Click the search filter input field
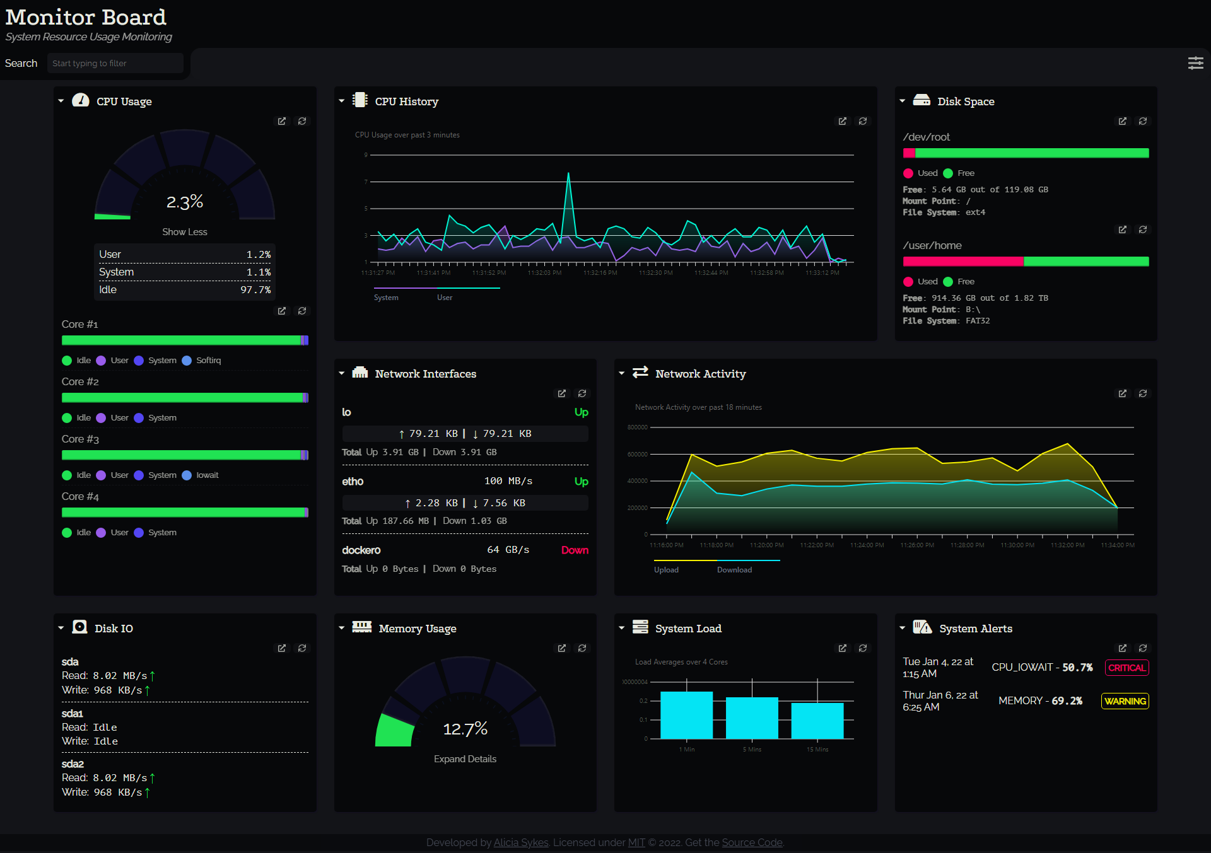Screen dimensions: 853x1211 (115, 63)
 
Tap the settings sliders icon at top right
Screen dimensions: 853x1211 (1195, 63)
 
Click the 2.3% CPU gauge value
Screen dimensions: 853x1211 (184, 202)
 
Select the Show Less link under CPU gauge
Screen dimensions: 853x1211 (184, 232)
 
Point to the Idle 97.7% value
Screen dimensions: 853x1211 (255, 290)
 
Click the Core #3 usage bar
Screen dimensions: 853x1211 (184, 455)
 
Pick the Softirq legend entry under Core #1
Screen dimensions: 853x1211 (208, 361)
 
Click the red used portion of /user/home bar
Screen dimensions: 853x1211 (962, 262)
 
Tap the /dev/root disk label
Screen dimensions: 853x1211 (926, 137)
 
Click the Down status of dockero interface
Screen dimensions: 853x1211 (575, 550)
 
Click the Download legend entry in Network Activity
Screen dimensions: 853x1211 (734, 570)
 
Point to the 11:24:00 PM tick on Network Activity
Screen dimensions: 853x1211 (867, 545)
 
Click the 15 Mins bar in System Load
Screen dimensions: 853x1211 (817, 721)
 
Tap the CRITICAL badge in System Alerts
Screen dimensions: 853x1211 (1126, 668)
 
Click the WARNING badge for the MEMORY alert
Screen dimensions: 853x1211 (1125, 701)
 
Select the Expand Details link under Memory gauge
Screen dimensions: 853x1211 (465, 759)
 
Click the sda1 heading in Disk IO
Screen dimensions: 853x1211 (73, 714)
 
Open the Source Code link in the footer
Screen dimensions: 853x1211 (752, 842)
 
